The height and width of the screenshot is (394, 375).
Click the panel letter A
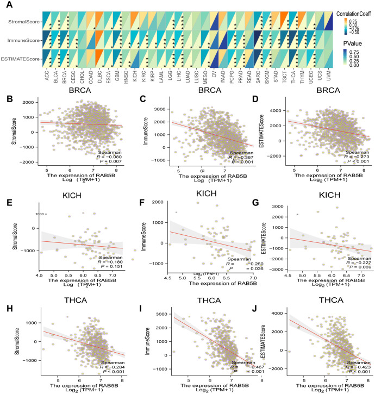tap(5, 5)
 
